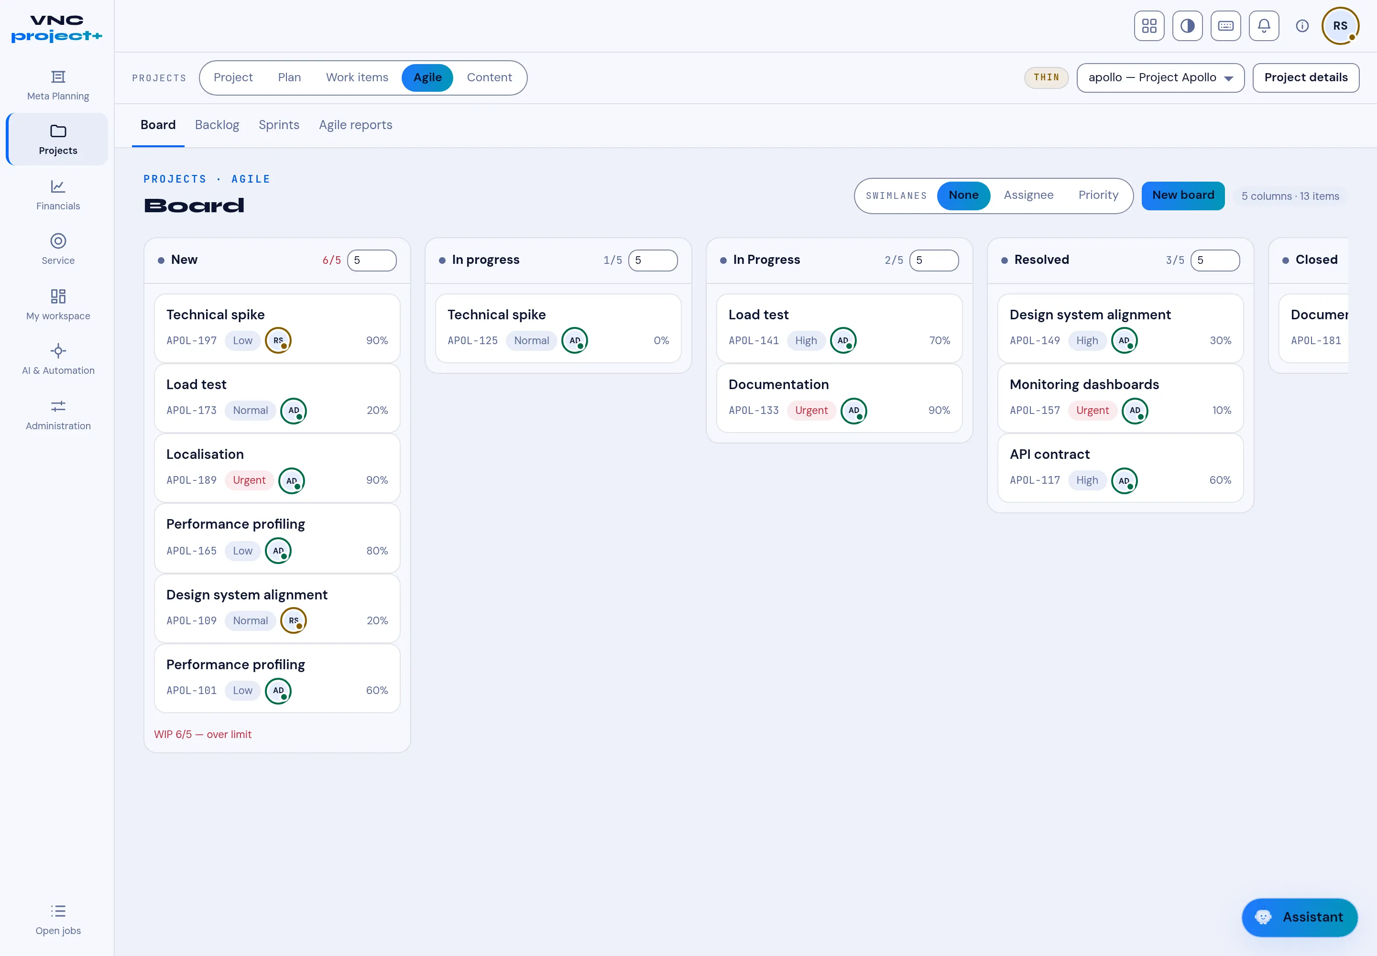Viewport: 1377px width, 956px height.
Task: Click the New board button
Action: pos(1183,196)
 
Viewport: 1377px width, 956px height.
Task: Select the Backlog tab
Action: pos(217,125)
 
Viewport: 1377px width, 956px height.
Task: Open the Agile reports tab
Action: pos(355,125)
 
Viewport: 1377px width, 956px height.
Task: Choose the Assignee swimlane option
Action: pos(1028,196)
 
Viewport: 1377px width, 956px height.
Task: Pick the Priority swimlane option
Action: pos(1098,196)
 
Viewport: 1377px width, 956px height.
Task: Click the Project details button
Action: pos(1306,78)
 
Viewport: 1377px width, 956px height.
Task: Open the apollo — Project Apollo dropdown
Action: pos(1160,78)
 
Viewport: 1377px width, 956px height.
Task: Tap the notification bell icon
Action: pos(1264,26)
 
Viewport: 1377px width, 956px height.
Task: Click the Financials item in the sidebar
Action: pos(58,195)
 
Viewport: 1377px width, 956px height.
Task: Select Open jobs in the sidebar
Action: pos(58,920)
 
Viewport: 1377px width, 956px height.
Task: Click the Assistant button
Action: pos(1299,917)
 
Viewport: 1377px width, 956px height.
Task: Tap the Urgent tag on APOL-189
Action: pos(249,480)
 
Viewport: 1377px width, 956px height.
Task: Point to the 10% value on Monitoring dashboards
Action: pos(1221,410)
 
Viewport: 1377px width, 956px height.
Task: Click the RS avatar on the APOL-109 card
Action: pos(294,620)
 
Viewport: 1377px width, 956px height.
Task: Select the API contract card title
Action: pos(1049,454)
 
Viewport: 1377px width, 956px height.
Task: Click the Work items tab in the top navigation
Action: pos(357,78)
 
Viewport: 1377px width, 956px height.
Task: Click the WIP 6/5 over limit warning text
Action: pos(203,734)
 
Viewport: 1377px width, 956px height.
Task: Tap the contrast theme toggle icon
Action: pos(1187,26)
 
